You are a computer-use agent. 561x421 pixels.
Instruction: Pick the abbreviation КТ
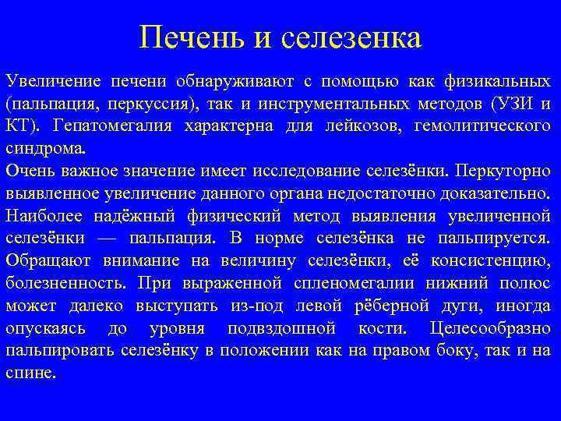19,126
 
